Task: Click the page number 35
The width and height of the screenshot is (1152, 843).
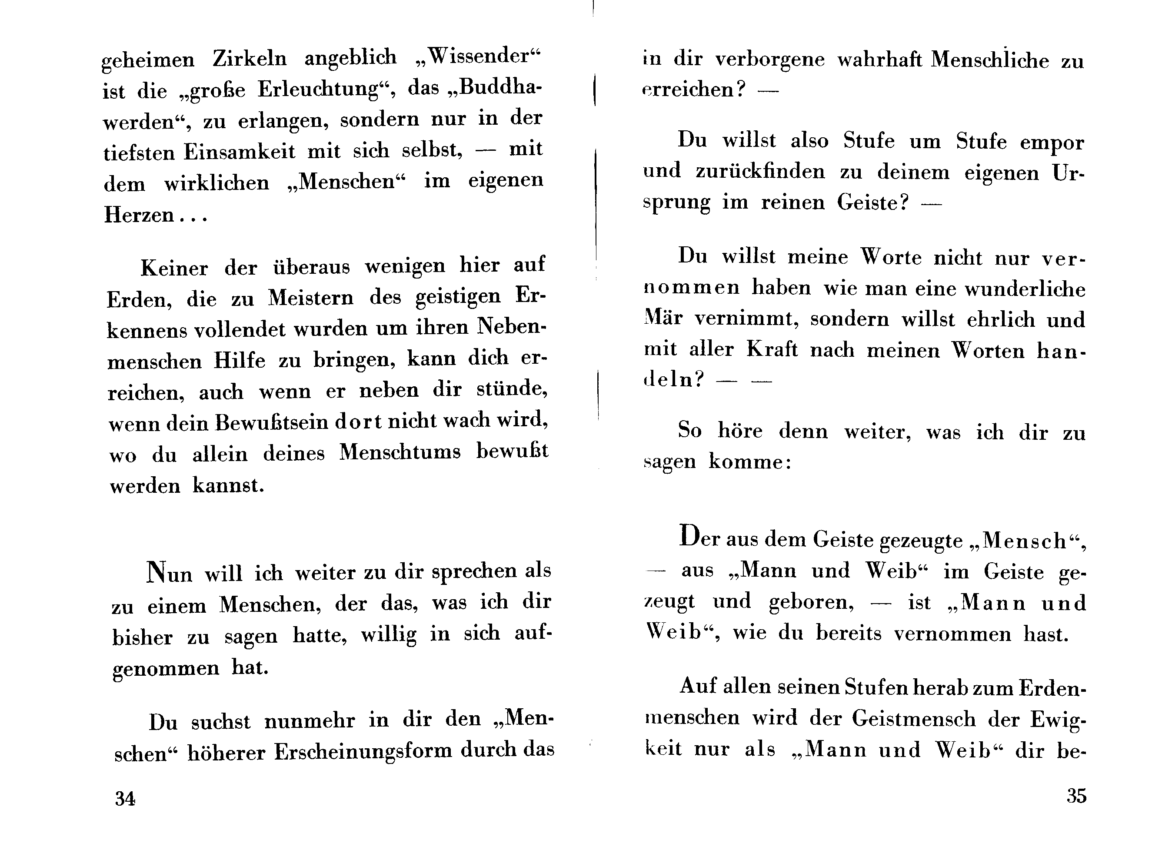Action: pyautogui.click(x=1076, y=796)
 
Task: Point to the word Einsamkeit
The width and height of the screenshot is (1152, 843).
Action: pyautogui.click(x=240, y=152)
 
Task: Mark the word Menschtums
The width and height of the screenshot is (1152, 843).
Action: pyautogui.click(x=400, y=452)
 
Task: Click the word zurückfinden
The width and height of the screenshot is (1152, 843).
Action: pyautogui.click(x=760, y=172)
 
